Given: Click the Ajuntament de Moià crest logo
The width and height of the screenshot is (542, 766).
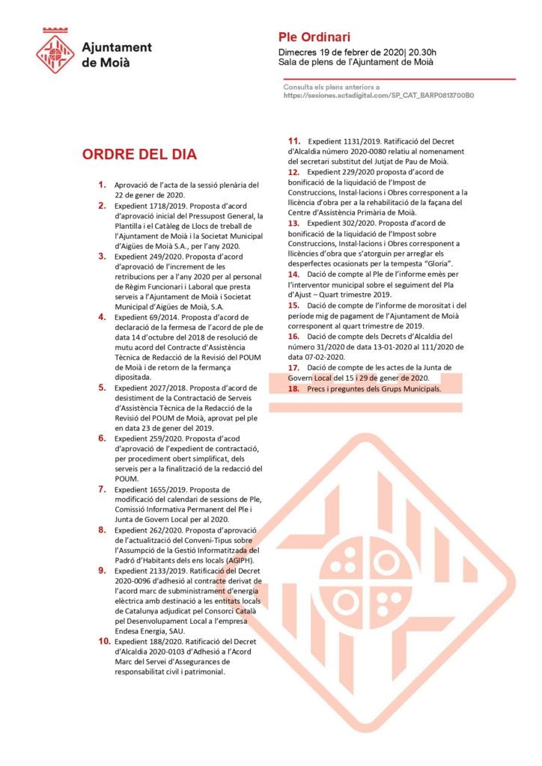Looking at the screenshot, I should click(56, 50).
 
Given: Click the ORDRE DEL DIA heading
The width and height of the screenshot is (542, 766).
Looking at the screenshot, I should click(139, 155).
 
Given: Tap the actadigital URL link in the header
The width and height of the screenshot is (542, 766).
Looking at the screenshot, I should click(379, 96).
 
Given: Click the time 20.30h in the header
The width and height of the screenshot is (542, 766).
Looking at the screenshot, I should click(422, 52).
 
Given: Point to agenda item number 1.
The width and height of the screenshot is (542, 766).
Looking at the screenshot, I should click(102, 184).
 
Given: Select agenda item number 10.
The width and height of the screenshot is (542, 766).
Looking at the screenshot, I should click(102, 641).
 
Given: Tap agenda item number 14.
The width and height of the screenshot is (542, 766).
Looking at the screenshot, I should click(294, 275).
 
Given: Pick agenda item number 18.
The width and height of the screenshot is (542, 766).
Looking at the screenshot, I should click(294, 388).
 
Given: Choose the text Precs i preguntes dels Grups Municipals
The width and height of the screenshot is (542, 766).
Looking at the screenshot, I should click(374, 389).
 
